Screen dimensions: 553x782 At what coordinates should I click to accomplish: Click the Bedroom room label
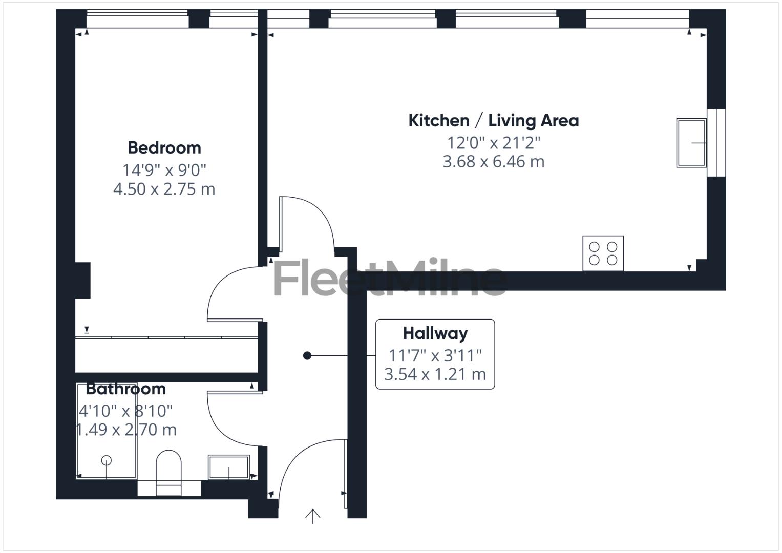[164, 148]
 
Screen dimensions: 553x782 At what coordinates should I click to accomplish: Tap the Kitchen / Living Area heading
[493, 121]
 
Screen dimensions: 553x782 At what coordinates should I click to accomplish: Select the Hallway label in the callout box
[435, 333]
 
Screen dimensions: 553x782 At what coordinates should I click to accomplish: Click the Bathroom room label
[125, 389]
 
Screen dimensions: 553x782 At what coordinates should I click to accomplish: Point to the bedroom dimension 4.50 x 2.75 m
[164, 189]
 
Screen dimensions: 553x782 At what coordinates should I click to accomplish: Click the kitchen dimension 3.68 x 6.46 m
[493, 162]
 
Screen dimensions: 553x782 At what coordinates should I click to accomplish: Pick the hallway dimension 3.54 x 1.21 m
[435, 374]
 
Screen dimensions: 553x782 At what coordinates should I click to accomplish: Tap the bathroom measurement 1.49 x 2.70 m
[126, 430]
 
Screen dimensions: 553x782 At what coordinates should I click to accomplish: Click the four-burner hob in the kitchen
[603, 253]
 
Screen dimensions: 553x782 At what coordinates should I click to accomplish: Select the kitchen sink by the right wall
[691, 143]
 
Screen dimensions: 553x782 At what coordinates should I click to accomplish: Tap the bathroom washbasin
[228, 467]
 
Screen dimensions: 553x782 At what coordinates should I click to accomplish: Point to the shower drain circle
[107, 460]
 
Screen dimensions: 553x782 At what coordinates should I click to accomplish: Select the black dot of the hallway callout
[307, 355]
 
